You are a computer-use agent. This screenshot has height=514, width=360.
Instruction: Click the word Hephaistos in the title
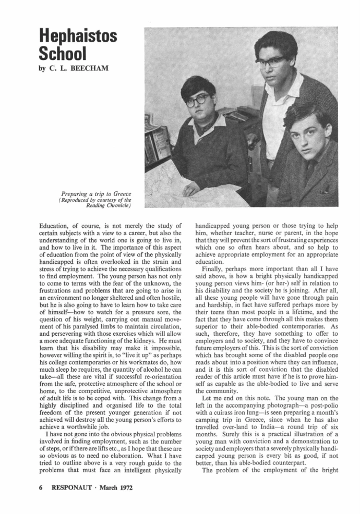[78, 37]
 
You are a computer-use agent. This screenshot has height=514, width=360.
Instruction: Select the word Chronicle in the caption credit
[109, 205]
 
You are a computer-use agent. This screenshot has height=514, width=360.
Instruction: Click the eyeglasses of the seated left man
[198, 100]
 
